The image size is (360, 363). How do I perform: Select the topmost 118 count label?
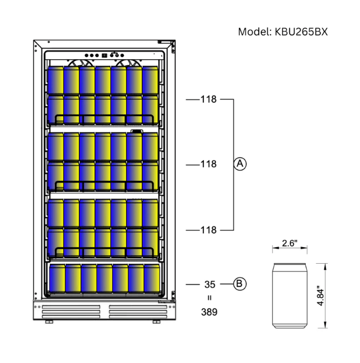(208, 99)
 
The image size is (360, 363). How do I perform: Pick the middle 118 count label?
(208, 164)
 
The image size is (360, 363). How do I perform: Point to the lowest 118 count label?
(208, 230)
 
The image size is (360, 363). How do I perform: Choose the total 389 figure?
(209, 312)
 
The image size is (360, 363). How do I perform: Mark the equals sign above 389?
(209, 298)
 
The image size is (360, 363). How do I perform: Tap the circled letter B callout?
(239, 283)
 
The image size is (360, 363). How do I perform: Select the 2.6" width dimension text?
(289, 243)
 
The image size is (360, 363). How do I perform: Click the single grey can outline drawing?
(289, 296)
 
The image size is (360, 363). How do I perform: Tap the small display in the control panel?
(103, 55)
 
